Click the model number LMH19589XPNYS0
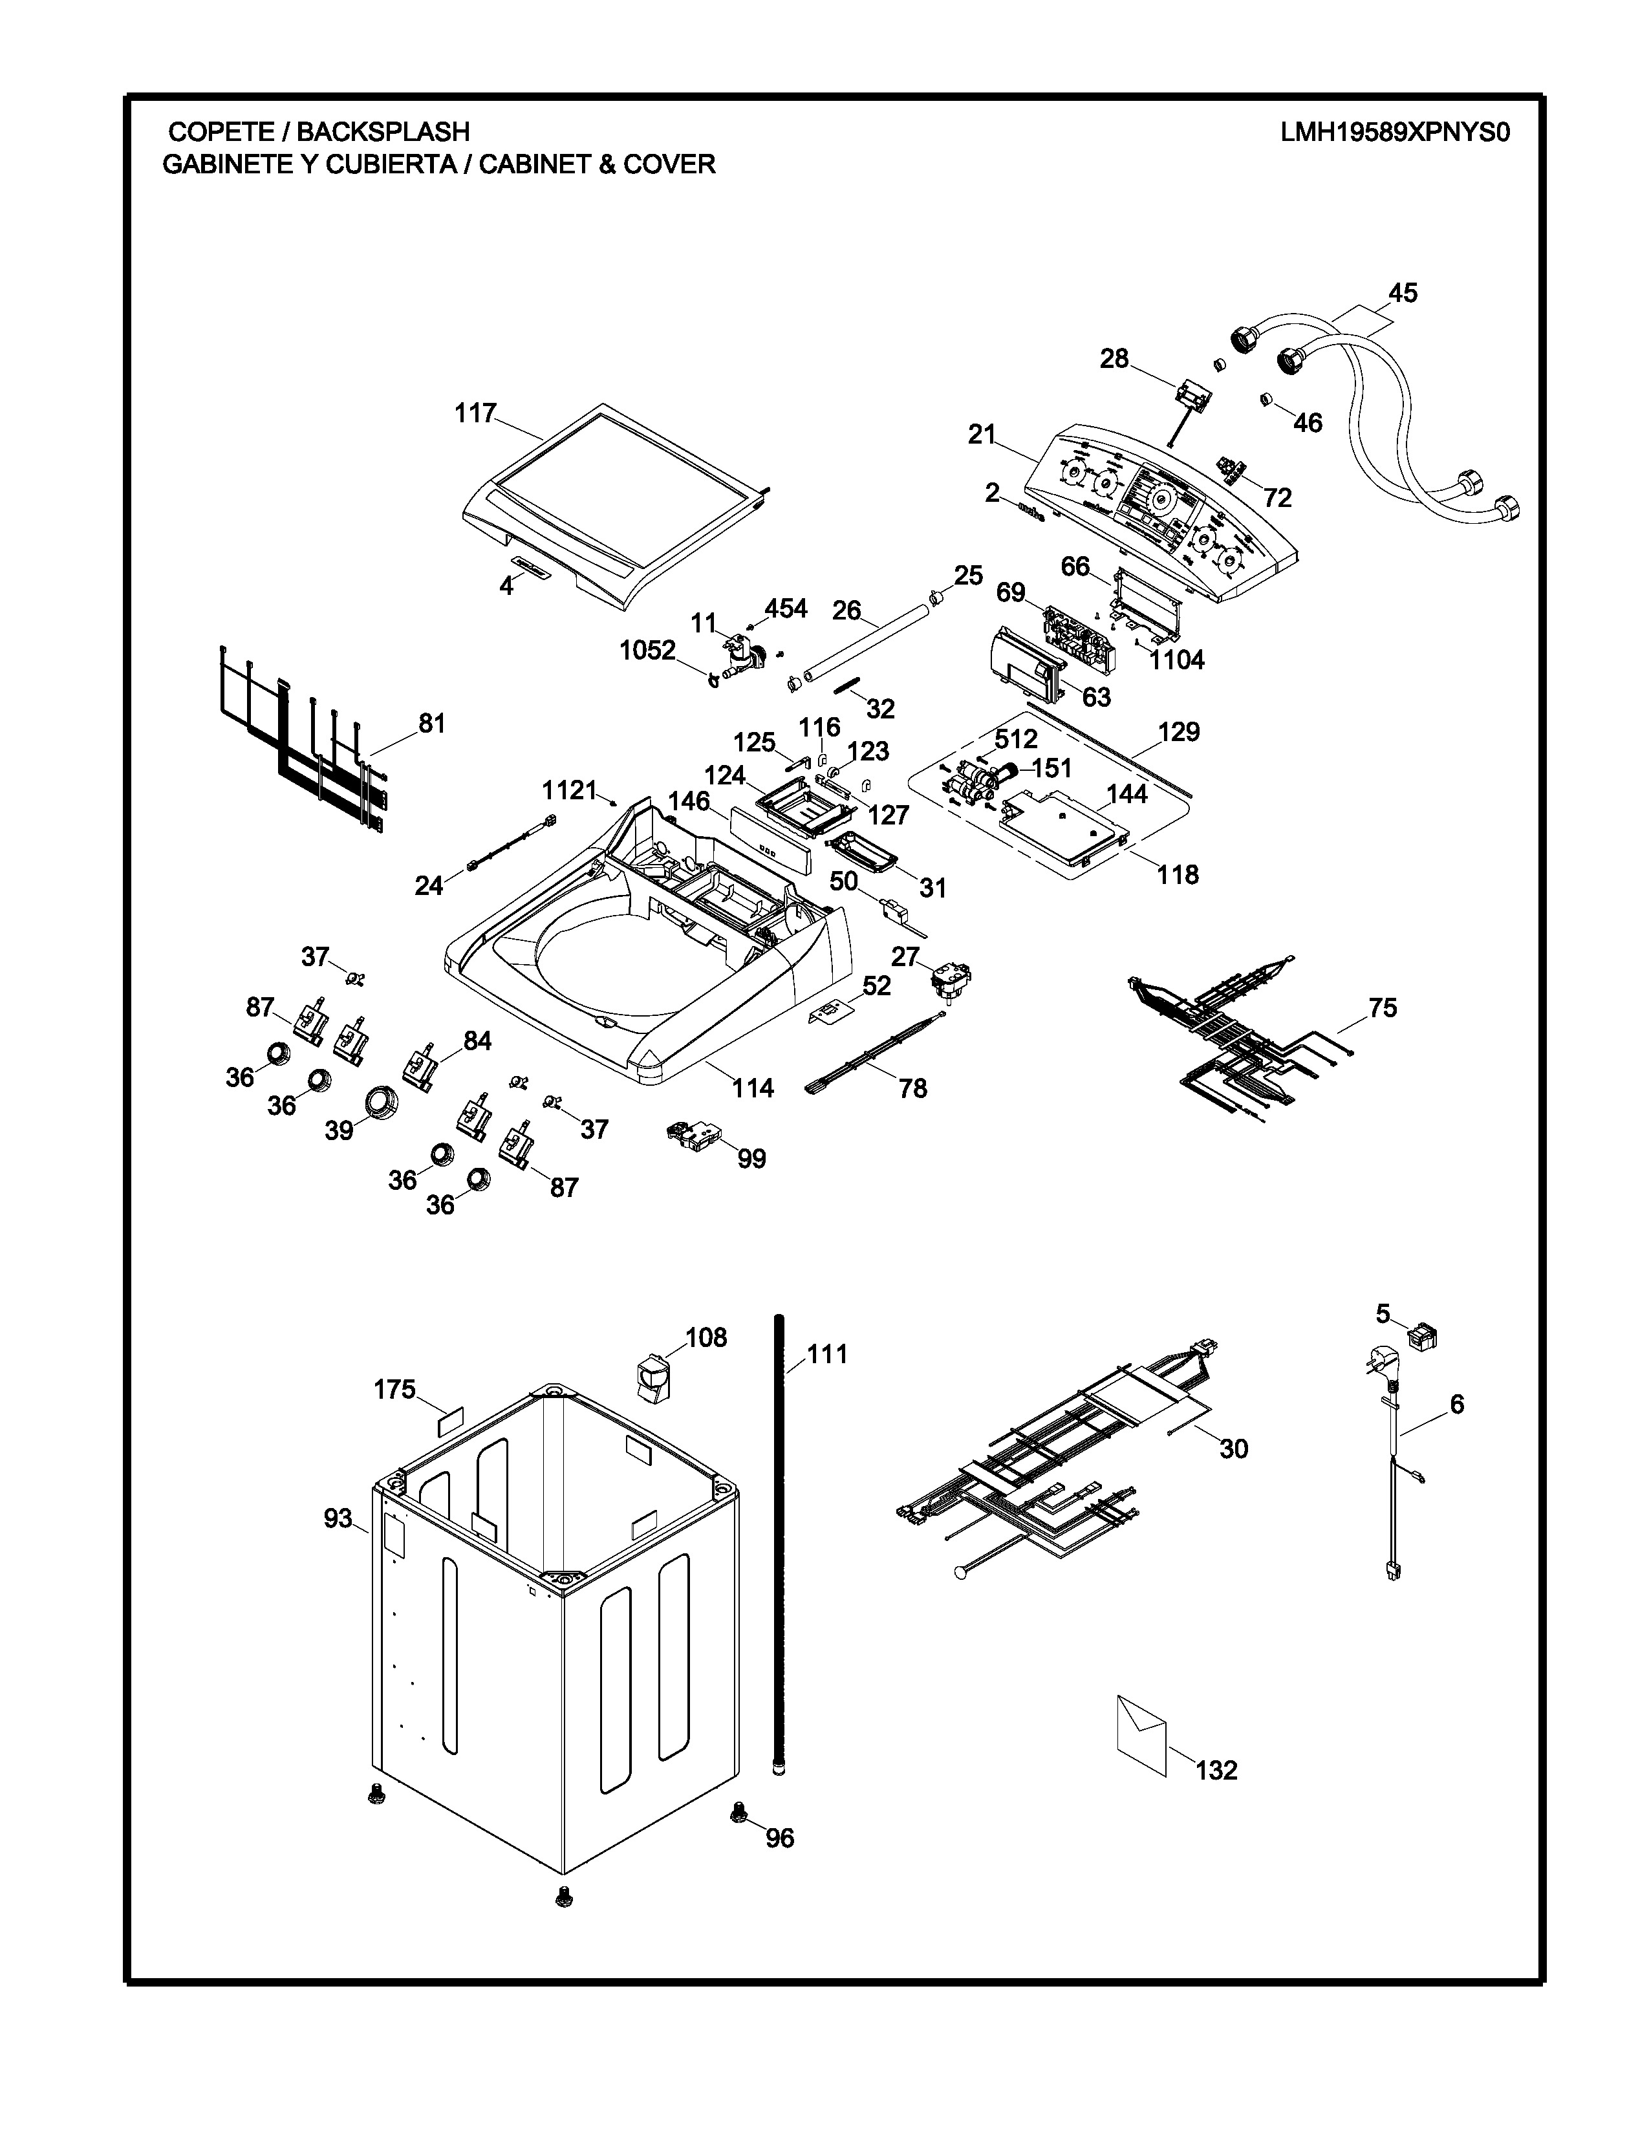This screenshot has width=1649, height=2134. point(1394,132)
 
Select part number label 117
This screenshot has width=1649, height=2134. point(476,413)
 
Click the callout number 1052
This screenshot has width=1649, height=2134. point(648,650)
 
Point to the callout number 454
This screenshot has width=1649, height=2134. point(786,609)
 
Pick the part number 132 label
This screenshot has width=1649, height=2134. point(1216,1769)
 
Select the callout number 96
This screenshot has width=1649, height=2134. point(780,1838)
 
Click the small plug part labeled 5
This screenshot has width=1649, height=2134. point(1421,1335)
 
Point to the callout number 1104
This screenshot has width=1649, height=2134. point(1176,660)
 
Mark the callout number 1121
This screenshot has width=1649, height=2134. point(570,790)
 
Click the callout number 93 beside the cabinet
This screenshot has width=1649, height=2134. point(338,1518)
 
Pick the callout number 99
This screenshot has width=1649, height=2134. point(751,1158)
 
